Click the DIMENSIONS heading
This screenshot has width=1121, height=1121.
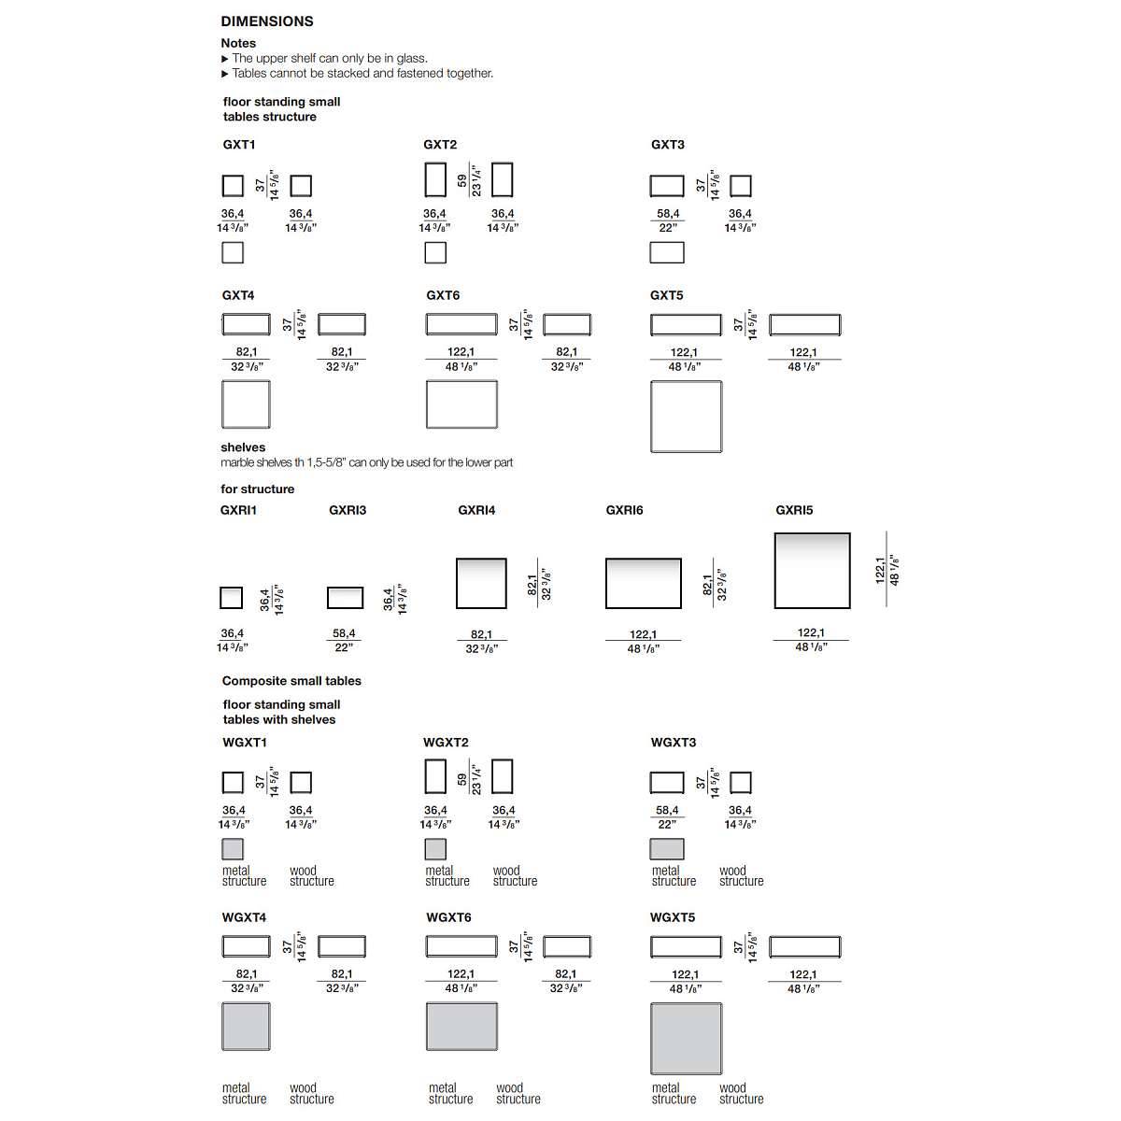coord(267,21)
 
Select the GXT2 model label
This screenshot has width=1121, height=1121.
coord(440,145)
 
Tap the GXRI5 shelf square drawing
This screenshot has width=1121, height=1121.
coord(812,571)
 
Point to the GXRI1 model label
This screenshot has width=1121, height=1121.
coord(238,510)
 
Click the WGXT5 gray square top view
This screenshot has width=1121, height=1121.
coord(686,1038)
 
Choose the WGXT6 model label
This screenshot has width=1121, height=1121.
coord(448,917)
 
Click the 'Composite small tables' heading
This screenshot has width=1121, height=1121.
coord(291,681)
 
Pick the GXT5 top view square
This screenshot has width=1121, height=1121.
coord(686,417)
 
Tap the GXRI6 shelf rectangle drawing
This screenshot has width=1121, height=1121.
coord(643,584)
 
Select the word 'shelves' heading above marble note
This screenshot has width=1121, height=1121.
coord(243,447)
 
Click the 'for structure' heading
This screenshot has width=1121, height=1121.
coord(257,489)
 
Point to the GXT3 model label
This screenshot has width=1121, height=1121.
coord(668,145)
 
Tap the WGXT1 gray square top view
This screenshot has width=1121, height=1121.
coord(233,849)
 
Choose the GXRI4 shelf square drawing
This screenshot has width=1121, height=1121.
coord(481,584)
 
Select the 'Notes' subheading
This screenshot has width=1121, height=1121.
coord(238,43)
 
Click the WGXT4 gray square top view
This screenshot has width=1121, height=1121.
coord(246,1027)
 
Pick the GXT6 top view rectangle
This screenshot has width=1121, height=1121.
coord(461,404)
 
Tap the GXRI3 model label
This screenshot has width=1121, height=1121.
coord(348,510)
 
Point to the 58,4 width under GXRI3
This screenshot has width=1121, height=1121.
coord(344,633)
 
